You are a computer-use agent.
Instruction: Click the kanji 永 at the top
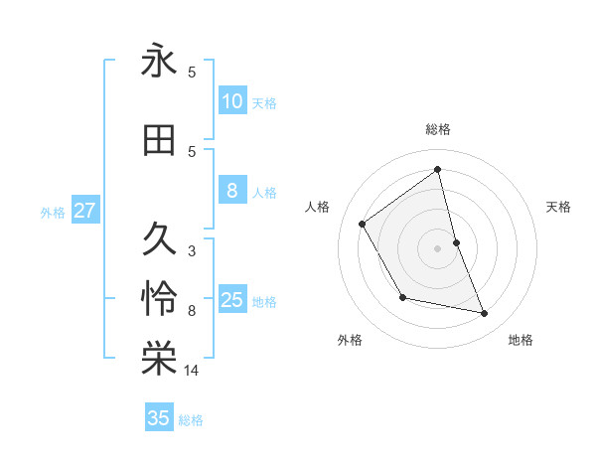coord(159,62)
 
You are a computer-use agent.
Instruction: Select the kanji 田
coord(159,141)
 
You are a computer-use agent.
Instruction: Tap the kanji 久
coord(159,238)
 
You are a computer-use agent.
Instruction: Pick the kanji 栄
coord(159,359)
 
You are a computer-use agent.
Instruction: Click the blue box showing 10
coord(232,101)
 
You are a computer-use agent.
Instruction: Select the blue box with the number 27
coord(84,211)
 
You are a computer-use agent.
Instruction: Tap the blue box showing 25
coord(232,300)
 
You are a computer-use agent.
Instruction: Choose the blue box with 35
coord(159,418)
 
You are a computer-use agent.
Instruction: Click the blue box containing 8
coord(232,191)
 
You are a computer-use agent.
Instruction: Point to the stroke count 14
coord(192,371)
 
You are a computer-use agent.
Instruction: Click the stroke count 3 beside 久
coord(192,250)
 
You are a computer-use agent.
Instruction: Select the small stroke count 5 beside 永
coord(192,73)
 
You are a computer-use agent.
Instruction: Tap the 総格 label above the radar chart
coord(437,129)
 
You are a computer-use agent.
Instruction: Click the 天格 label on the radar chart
coord(559,207)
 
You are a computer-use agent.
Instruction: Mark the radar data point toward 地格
coord(485,314)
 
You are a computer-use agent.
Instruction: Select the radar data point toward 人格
coord(363,224)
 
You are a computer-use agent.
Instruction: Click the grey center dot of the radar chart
coord(437,247)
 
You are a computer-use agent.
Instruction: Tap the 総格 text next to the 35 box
coord(191,420)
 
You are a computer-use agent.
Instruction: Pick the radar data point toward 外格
coord(402,297)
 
